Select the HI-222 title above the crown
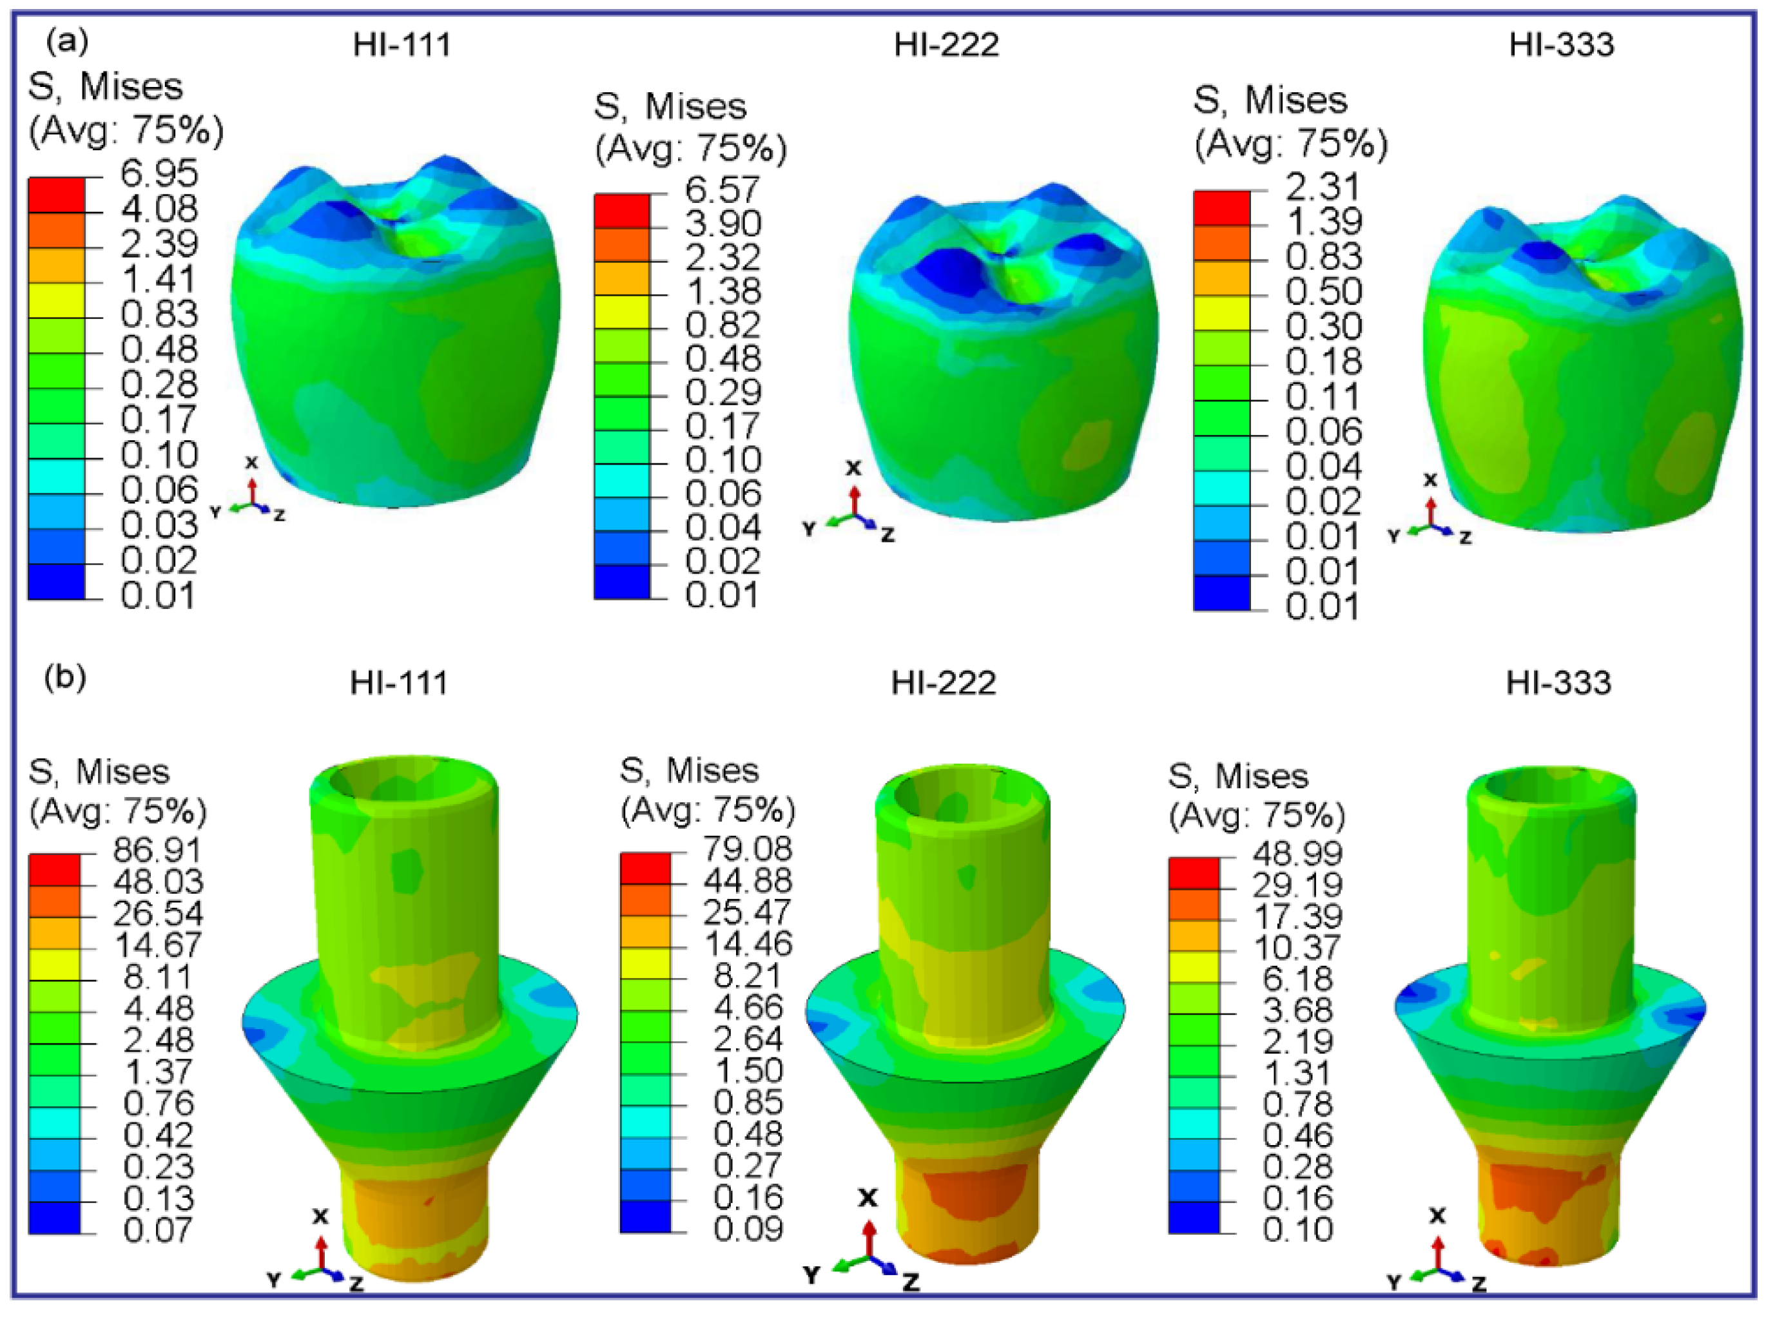946,44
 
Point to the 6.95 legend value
159,173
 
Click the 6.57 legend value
723,190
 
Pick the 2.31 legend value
1323,187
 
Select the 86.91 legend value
158,851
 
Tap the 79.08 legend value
748,849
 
